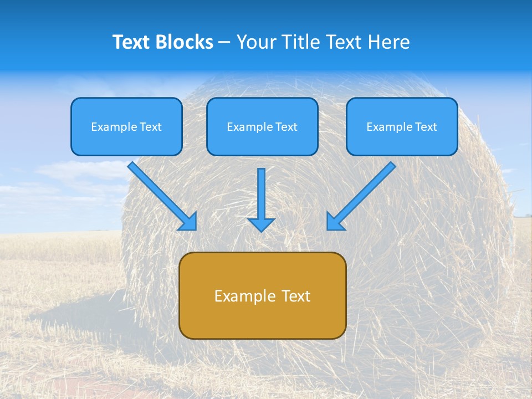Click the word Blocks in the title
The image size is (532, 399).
185,42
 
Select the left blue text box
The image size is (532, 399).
126,126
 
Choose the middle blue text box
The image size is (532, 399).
262,126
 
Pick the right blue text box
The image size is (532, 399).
402,126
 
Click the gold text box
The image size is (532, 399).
262,295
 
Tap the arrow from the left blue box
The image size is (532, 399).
161,195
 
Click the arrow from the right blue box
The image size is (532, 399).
363,195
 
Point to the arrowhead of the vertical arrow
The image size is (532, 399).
261,224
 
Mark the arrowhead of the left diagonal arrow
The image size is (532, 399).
190,223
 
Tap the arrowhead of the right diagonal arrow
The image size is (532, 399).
334,223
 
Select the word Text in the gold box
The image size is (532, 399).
297,296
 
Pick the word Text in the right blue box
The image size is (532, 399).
426,127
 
